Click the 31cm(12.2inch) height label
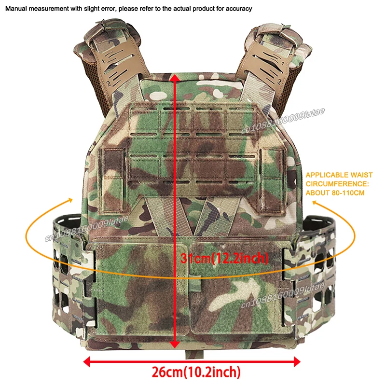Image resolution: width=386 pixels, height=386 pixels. tap(224, 258)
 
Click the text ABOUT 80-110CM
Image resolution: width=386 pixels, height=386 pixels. tap(335, 193)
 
